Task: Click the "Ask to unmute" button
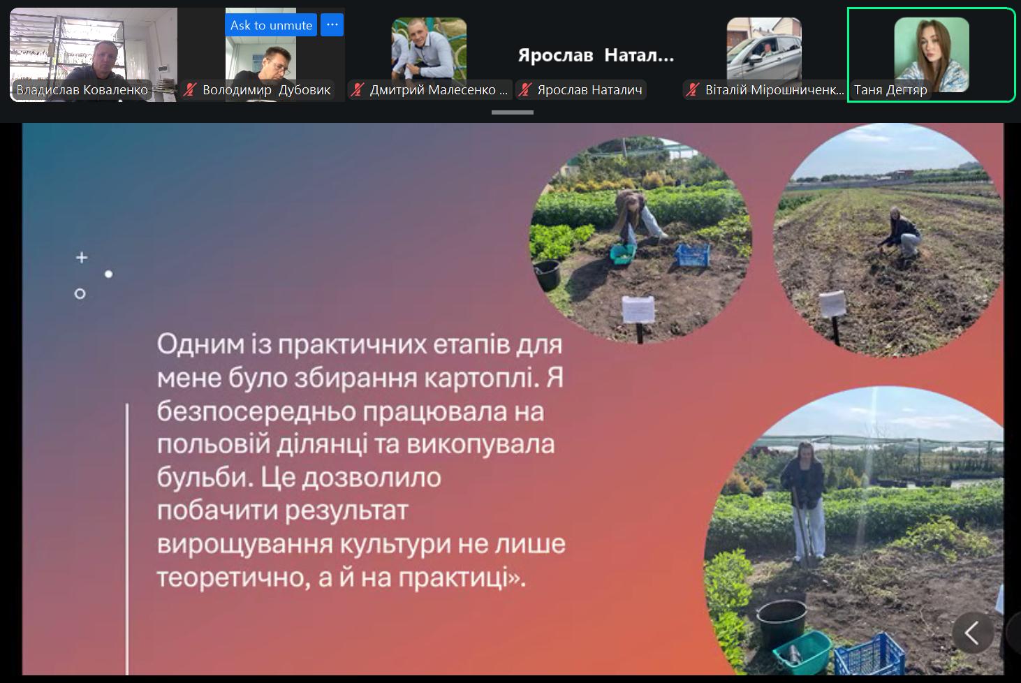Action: coord(271,24)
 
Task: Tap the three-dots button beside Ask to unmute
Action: coord(332,24)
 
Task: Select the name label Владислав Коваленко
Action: coord(82,90)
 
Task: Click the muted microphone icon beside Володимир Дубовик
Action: coord(190,90)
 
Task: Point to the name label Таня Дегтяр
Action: coord(890,90)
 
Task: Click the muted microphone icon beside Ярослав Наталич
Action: coord(525,90)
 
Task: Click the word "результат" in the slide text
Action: coord(346,511)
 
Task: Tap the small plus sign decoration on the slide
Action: coord(82,258)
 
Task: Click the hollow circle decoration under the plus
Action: coord(80,294)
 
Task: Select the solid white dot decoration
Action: coord(108,274)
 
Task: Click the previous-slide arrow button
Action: coord(972,633)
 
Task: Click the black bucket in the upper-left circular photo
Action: coord(548,275)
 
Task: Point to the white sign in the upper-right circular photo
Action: coord(832,304)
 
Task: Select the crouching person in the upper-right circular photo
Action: coord(899,234)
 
